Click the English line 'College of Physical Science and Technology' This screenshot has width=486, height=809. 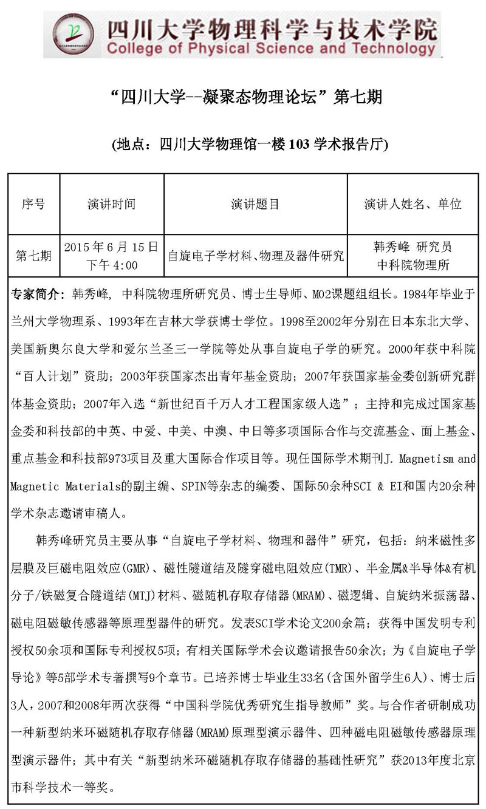click(271, 49)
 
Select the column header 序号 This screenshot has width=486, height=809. click(33, 204)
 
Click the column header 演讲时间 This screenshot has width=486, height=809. click(111, 204)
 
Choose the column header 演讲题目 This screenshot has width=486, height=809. click(255, 204)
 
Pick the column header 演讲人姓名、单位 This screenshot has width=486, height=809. click(412, 204)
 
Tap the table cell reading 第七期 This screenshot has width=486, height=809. click(33, 256)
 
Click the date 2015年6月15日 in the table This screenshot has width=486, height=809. click(111, 247)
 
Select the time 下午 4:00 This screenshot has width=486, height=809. click(111, 265)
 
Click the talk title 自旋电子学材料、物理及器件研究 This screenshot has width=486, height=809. click(255, 256)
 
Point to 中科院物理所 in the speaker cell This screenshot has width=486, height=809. click(412, 265)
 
